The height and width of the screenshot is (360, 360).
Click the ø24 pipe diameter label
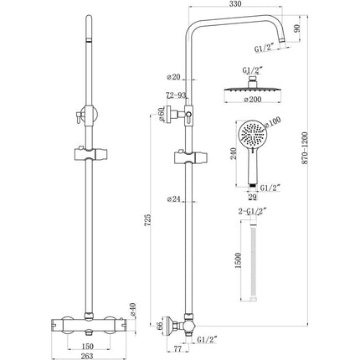[174, 199]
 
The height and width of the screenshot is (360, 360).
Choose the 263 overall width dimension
[86, 355]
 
